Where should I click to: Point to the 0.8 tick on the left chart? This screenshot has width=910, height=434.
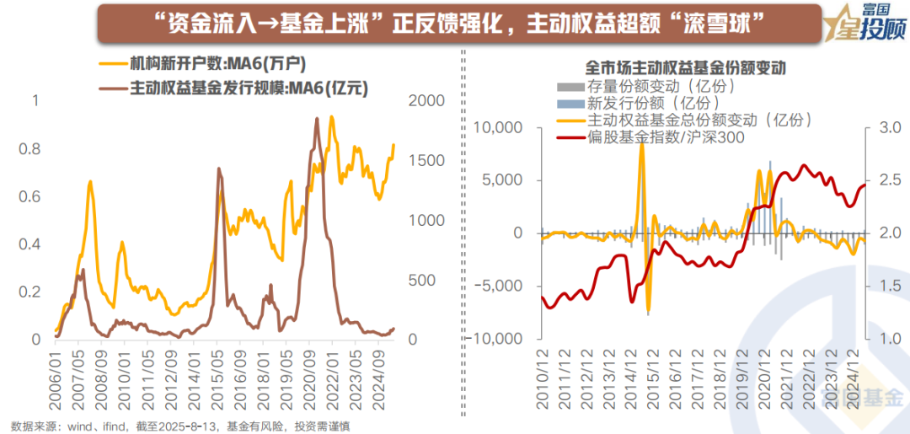click(x=29, y=149)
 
